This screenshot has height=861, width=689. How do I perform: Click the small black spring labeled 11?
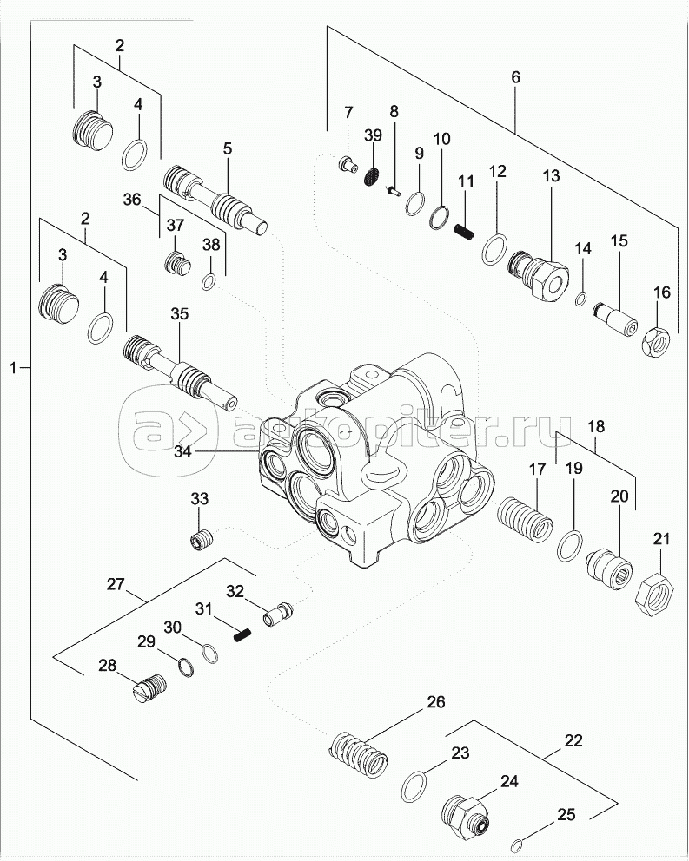(x=465, y=229)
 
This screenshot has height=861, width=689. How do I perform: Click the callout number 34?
(x=182, y=450)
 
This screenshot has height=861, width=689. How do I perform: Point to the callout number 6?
(x=515, y=77)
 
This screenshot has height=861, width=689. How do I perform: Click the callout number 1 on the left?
(x=13, y=369)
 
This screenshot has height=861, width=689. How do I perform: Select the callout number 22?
(x=573, y=741)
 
